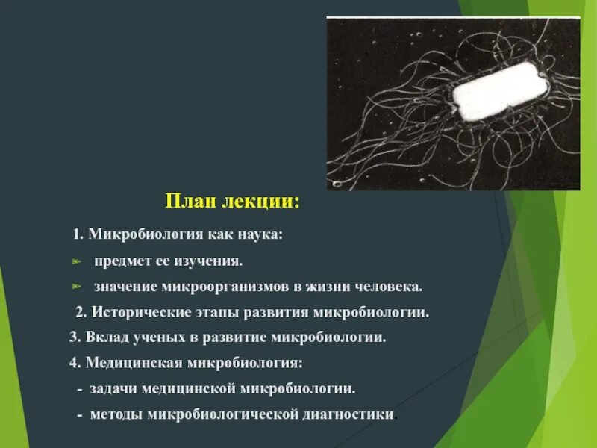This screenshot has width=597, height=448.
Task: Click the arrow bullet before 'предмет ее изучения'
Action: pyautogui.click(x=75, y=262)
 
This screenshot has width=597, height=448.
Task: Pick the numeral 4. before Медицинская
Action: pyautogui.click(x=75, y=363)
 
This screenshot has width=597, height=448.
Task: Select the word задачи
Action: pyautogui.click(x=110, y=389)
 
